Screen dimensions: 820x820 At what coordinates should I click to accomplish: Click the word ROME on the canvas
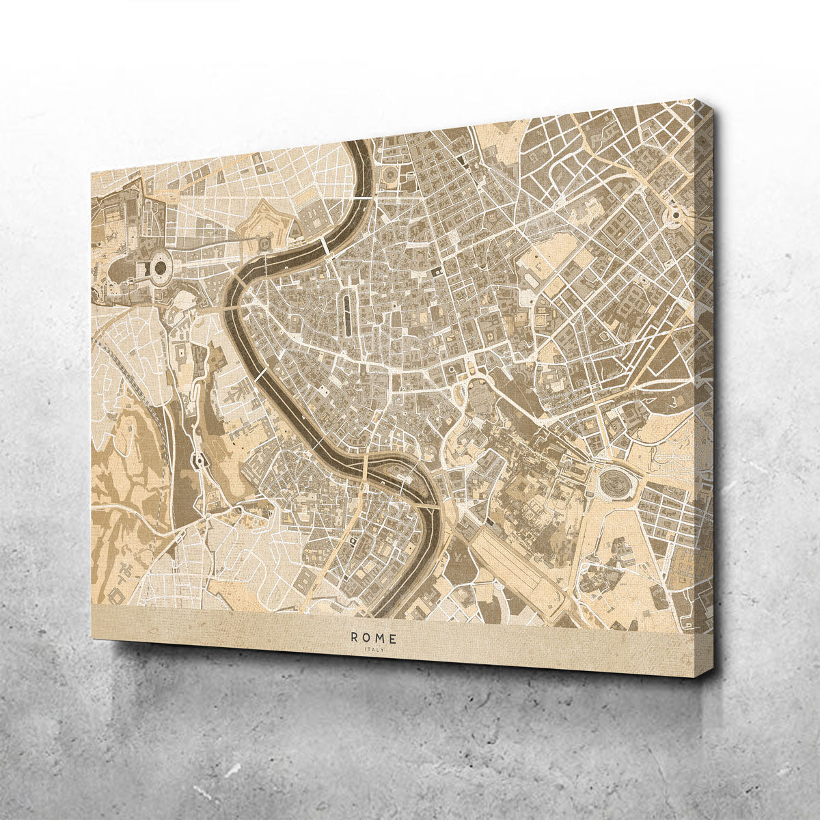pyautogui.click(x=373, y=638)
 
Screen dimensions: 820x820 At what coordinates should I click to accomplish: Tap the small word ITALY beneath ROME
pyautogui.click(x=374, y=650)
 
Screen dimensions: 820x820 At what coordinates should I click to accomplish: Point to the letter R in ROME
pyautogui.click(x=354, y=638)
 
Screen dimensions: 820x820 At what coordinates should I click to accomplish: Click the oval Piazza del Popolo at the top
pyautogui.click(x=387, y=176)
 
